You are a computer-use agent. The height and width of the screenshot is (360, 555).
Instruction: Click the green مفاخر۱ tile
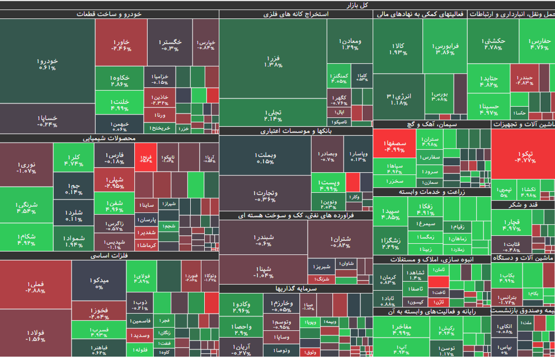tap(402, 329)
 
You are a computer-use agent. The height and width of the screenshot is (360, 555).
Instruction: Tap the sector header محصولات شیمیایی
tap(109, 138)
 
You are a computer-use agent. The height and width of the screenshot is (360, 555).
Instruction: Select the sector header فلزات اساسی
tap(109, 255)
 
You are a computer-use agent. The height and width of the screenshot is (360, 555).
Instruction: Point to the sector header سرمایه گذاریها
tap(296, 288)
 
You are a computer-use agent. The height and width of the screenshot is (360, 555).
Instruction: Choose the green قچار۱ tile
tap(511, 224)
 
